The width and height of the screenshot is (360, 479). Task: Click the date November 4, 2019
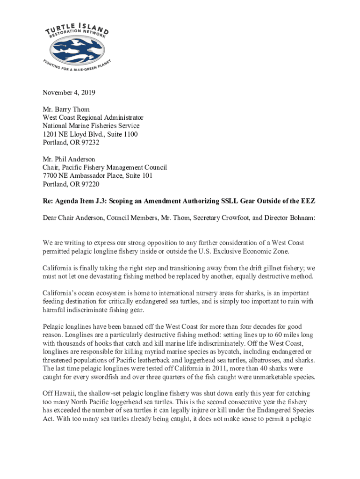[69, 93]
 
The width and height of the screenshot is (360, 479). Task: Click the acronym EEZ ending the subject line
[308, 201]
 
